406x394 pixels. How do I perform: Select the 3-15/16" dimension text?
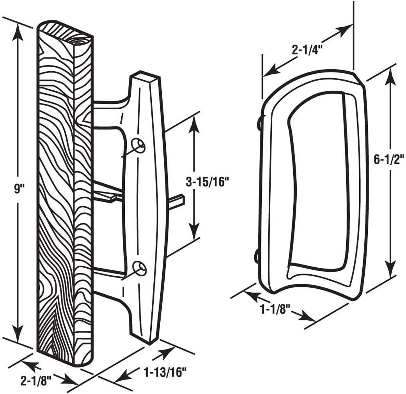coord(207,182)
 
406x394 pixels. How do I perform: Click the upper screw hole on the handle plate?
coord(139,145)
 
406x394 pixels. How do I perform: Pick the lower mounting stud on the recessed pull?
coord(258,256)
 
